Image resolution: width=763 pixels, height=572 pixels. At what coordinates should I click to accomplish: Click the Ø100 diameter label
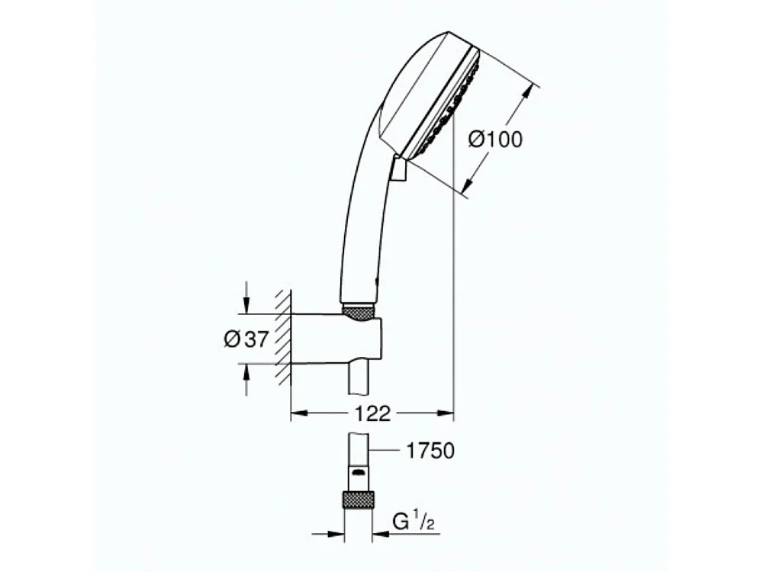[x=495, y=140]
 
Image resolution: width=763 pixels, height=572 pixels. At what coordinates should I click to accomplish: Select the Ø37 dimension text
[x=246, y=339]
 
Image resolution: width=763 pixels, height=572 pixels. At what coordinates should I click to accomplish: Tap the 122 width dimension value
[x=373, y=414]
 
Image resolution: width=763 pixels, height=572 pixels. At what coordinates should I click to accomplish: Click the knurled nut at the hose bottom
[x=357, y=500]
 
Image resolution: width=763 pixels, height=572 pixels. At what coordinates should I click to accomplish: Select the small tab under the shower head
[x=398, y=169]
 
